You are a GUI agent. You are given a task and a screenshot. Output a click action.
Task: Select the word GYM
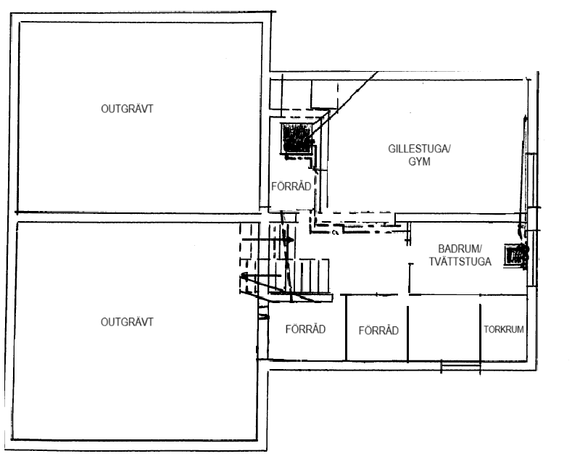tap(419, 162)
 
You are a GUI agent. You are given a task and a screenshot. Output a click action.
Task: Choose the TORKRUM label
tap(503, 329)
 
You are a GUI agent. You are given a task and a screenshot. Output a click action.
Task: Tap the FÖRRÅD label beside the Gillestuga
tap(291, 186)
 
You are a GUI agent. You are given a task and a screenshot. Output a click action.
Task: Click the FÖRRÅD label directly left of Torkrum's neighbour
tap(378, 331)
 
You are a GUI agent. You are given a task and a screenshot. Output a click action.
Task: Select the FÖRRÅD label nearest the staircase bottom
tap(304, 328)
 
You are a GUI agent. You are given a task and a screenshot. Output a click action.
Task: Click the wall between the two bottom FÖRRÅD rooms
tap(346, 328)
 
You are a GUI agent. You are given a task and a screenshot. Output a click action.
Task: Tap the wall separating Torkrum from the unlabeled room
tap(479, 330)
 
